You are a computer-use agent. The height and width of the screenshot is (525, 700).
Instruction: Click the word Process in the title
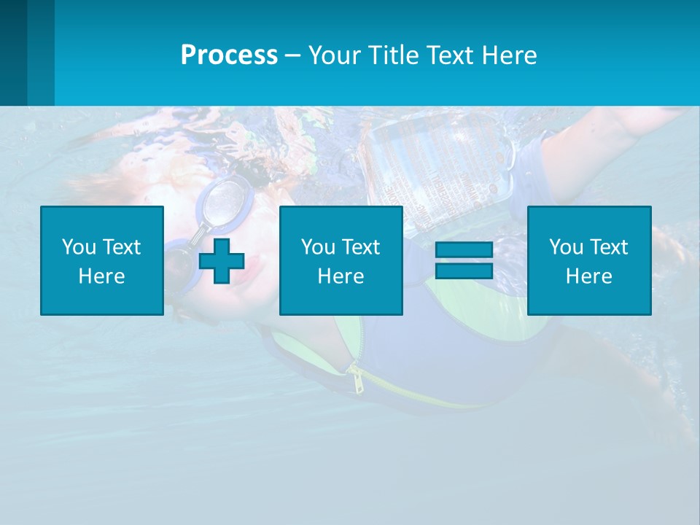(x=229, y=55)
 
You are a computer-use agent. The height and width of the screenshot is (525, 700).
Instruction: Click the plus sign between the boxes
(x=222, y=260)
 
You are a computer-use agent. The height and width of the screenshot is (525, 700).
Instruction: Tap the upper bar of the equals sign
(x=464, y=250)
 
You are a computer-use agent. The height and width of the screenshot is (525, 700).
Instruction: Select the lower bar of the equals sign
(x=464, y=271)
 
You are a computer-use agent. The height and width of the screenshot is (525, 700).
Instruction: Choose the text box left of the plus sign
(x=102, y=260)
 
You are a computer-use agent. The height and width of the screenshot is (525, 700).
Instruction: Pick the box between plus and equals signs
(x=341, y=260)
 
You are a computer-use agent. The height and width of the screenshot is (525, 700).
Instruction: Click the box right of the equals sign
(x=589, y=260)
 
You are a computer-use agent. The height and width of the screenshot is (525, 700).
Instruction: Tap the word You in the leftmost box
(x=77, y=246)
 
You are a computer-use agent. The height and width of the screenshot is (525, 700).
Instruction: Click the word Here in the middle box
(x=341, y=276)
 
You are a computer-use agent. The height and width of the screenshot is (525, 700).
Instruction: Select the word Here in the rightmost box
(x=589, y=276)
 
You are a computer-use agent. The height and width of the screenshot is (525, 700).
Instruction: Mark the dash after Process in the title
(x=293, y=55)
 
